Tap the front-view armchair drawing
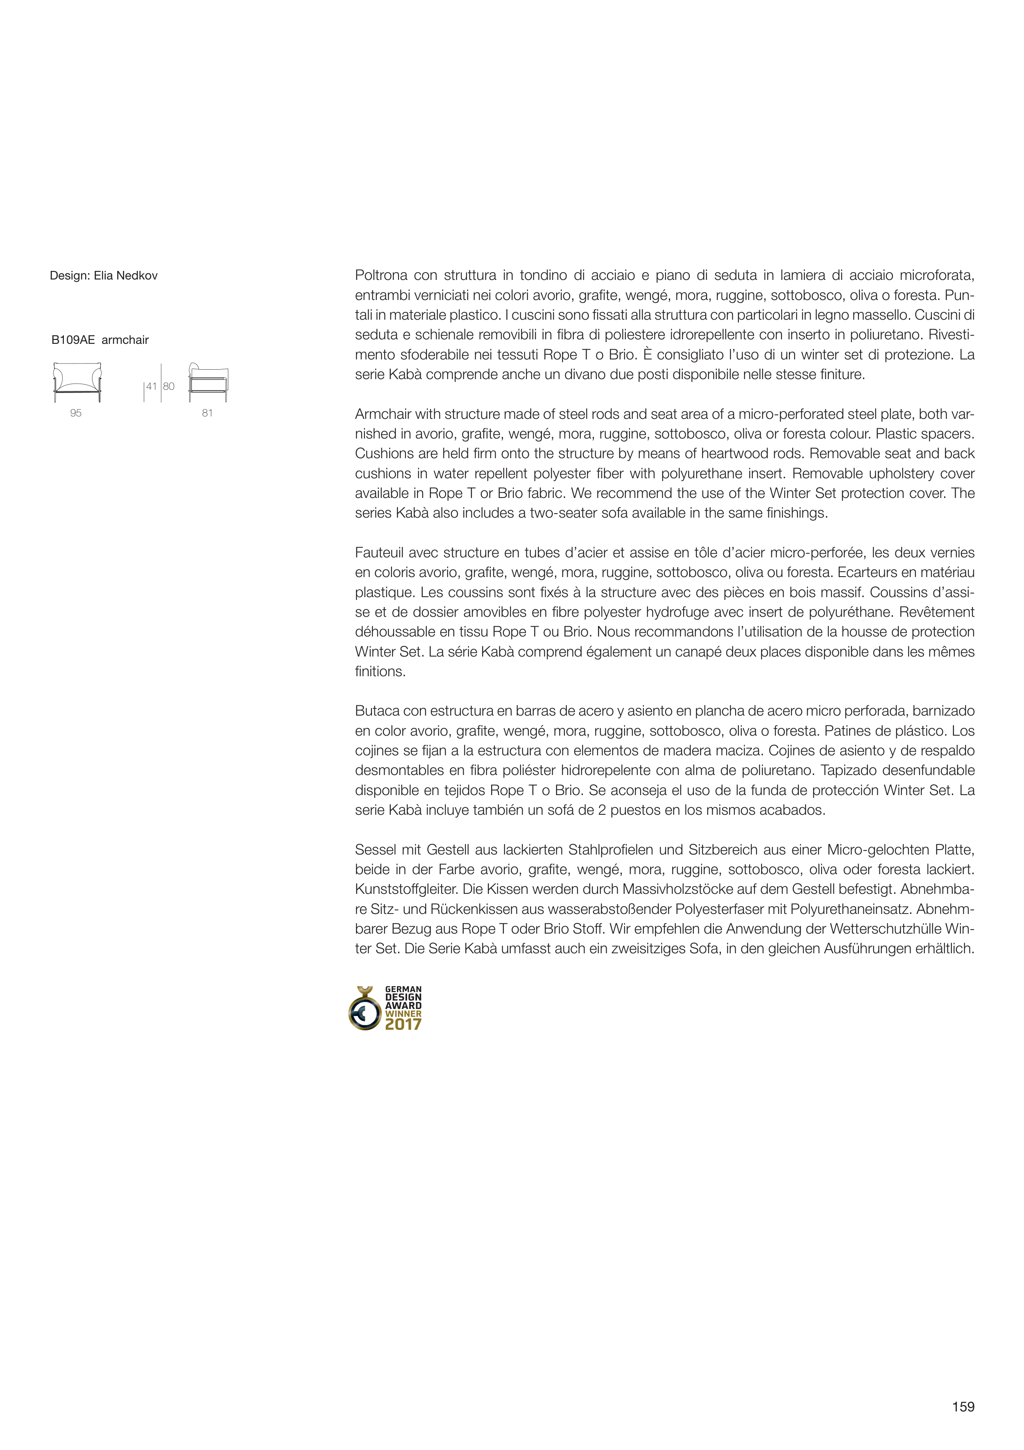77,382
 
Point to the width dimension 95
76,413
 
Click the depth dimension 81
207,413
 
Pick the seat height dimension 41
152,386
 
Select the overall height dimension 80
169,386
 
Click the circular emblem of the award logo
365,1011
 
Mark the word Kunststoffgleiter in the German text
406,890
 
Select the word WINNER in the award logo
403,1014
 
